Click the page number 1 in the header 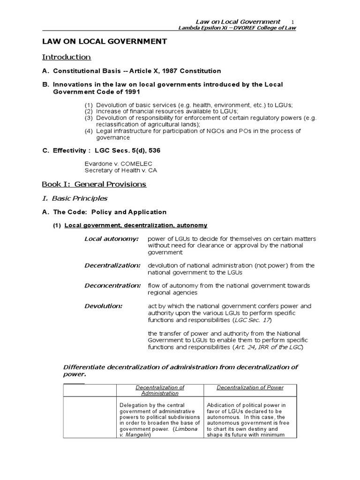292,22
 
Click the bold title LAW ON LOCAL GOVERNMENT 105,42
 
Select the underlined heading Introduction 67,57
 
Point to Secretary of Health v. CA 120,170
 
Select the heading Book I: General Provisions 94,184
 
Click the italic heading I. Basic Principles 75,198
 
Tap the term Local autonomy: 112,239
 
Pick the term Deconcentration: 112,285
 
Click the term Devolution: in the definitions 104,306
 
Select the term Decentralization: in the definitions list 112,265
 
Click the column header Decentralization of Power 250,388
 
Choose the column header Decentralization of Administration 160,390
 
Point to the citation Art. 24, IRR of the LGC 268,347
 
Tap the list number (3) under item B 89,118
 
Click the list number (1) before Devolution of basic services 89,105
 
